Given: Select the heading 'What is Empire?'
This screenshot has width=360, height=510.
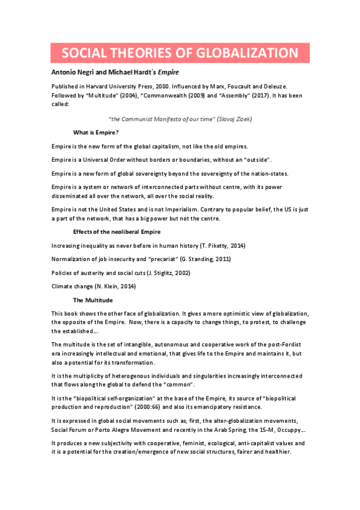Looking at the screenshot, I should coord(96,132).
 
